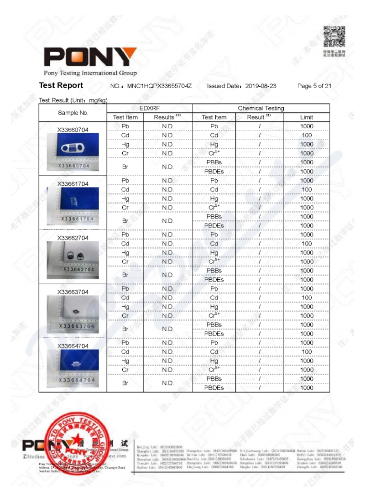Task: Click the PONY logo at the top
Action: pos(90,57)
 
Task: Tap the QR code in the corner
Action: pos(334,37)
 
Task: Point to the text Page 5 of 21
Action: pos(314,86)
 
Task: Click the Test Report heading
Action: pos(61,85)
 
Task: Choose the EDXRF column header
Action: pos(150,108)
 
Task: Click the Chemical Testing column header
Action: pos(261,108)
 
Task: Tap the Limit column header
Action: pos(306,117)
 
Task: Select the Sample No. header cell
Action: pos(73,113)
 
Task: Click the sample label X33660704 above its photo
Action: pos(73,130)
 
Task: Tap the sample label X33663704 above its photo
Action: pos(73,292)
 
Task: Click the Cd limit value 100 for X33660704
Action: pos(307,136)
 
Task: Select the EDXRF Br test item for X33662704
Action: pos(125,275)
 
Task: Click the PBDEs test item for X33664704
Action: pos(214,388)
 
